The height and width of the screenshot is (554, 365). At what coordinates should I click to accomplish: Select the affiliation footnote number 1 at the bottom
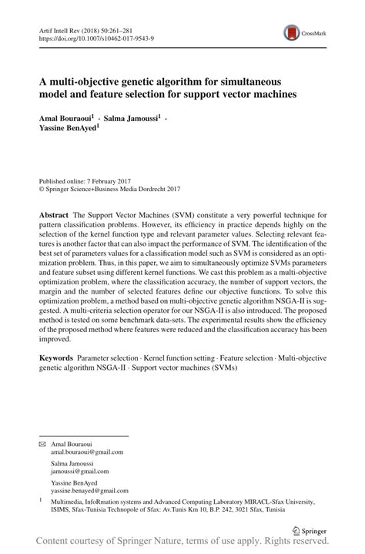41,499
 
